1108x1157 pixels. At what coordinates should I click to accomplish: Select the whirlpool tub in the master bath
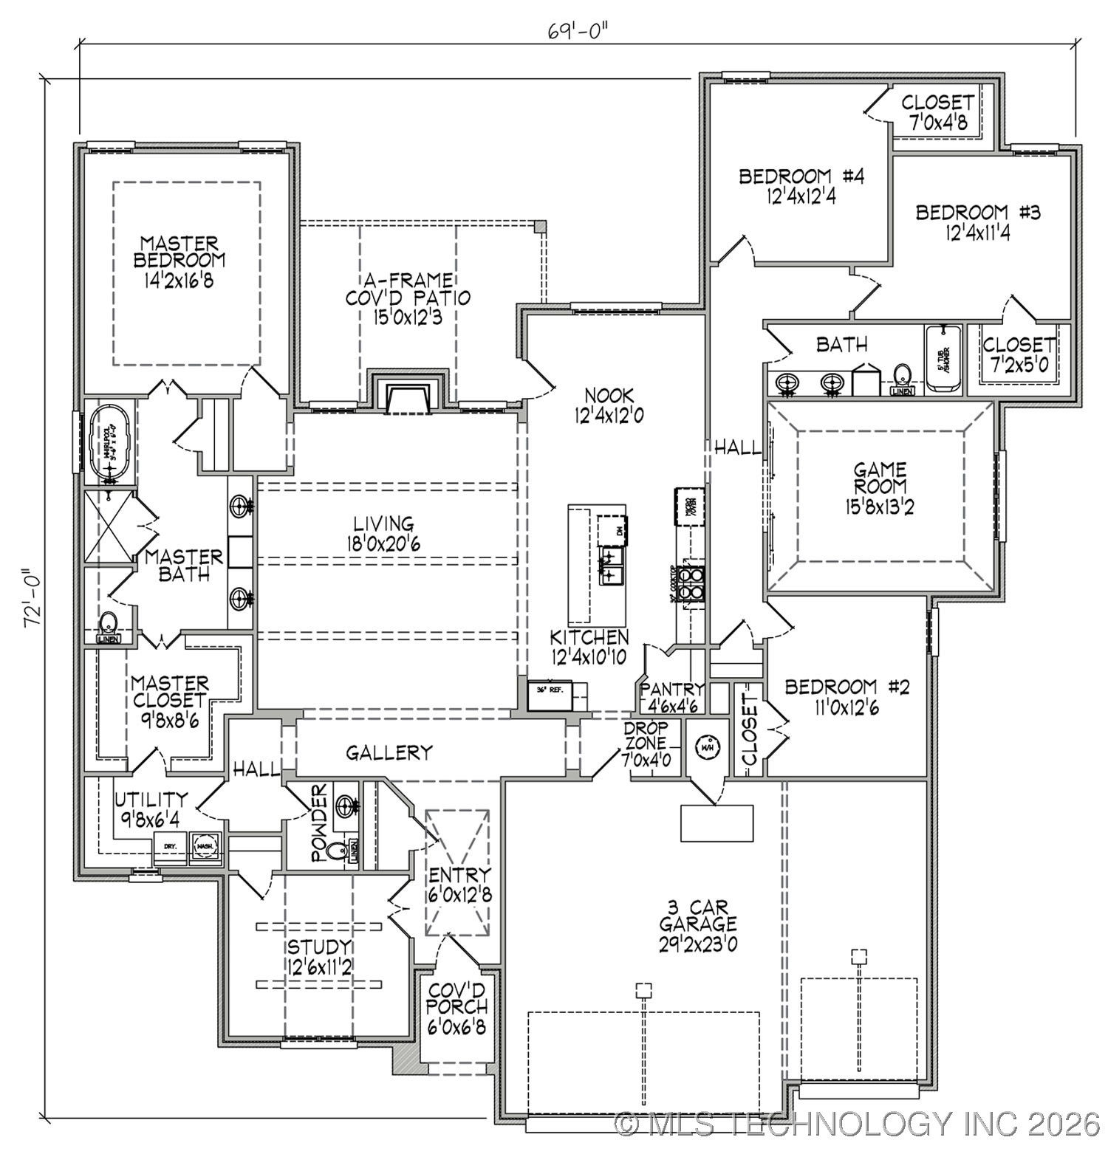coord(109,443)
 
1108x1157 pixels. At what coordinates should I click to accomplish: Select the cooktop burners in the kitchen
coord(692,583)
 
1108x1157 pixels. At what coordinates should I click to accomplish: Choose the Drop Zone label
coord(646,744)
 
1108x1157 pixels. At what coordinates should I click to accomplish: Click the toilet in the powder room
coord(338,851)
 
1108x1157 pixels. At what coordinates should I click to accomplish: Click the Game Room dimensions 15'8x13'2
coord(880,508)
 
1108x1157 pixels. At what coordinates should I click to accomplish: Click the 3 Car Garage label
coord(697,924)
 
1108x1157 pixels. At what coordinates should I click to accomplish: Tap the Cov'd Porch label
coord(457,1008)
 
